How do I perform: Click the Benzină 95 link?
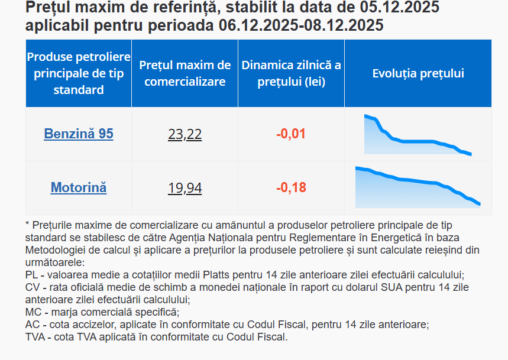pyautogui.click(x=79, y=134)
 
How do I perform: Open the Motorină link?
pyautogui.click(x=79, y=188)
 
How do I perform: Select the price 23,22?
pyautogui.click(x=185, y=135)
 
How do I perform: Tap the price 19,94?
pyautogui.click(x=185, y=189)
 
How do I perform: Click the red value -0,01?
pyautogui.click(x=291, y=134)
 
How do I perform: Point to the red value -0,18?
pyautogui.click(x=291, y=188)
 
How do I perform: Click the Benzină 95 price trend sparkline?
pyautogui.click(x=418, y=135)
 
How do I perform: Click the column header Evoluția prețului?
pyautogui.click(x=418, y=73)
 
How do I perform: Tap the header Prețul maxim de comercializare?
pyautogui.click(x=185, y=73)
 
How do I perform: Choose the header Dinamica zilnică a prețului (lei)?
pyautogui.click(x=291, y=73)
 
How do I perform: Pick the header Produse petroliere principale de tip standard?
pyautogui.click(x=79, y=73)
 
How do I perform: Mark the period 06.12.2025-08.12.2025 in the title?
pyautogui.click(x=300, y=25)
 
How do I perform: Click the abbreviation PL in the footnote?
pyautogui.click(x=31, y=275)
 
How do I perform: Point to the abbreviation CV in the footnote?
pyautogui.click(x=32, y=287)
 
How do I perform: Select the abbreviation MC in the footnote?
pyautogui.click(x=33, y=312)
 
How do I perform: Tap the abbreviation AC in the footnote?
pyautogui.click(x=32, y=325)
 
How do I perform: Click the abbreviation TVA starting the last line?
pyautogui.click(x=35, y=337)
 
